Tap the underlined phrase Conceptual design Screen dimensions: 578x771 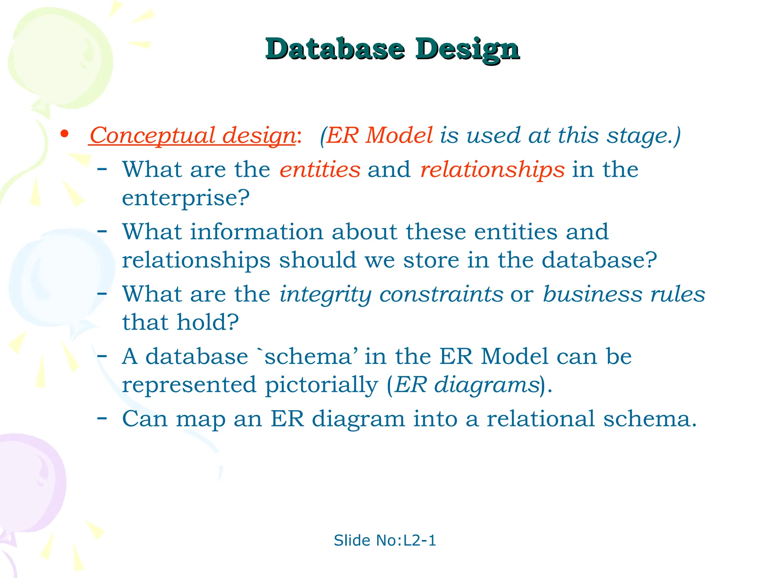coord(192,135)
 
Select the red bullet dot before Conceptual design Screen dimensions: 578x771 coord(65,134)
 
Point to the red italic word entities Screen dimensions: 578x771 coord(320,169)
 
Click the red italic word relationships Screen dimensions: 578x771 coord(492,169)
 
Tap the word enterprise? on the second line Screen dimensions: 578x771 coord(186,198)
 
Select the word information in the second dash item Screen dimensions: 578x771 coord(256,231)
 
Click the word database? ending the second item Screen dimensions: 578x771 coord(599,260)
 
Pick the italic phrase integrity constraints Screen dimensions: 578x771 coord(391,294)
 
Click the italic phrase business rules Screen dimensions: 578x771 coord(624,294)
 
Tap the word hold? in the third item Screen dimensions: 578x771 coord(208,322)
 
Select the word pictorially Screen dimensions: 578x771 coord(321,385)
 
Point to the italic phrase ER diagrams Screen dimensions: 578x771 coord(467,385)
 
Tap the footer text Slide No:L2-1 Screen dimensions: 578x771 coord(385,540)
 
